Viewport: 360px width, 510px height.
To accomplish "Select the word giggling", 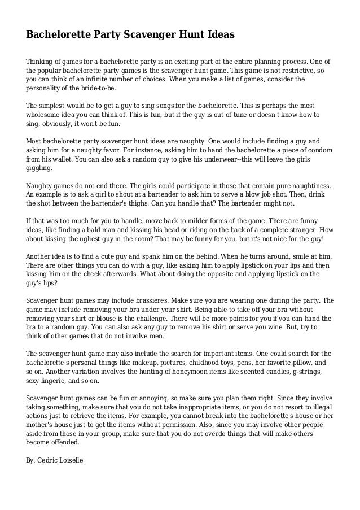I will pyautogui.click(x=39, y=168).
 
